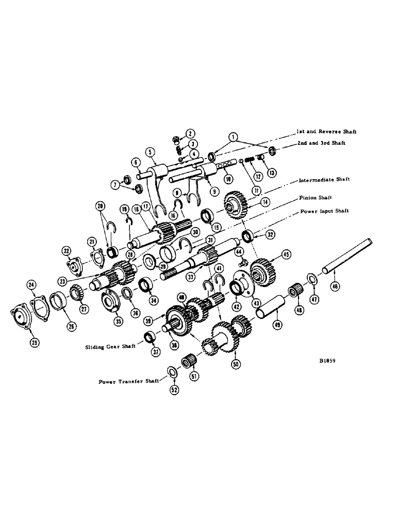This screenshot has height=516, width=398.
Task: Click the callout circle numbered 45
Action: (x=285, y=254)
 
